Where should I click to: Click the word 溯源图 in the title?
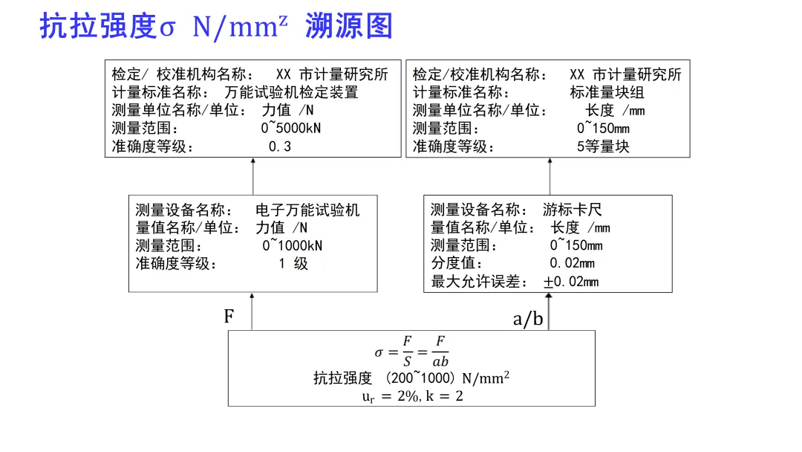[x=348, y=27]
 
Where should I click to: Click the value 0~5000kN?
[x=291, y=129]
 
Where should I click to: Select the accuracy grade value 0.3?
[x=280, y=146]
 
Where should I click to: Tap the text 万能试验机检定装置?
[x=291, y=93]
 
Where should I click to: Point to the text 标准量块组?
[x=607, y=93]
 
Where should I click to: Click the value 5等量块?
[x=603, y=146]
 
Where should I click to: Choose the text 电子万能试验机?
[x=307, y=210]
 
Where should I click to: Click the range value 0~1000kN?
[x=293, y=246]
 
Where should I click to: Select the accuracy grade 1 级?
[x=293, y=264]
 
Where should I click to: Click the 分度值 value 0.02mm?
[x=572, y=263]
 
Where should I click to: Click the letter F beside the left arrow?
[x=229, y=317]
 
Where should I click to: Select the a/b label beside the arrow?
[x=528, y=320]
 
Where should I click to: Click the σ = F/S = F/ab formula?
[x=411, y=352]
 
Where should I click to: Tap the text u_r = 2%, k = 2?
[x=411, y=396]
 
